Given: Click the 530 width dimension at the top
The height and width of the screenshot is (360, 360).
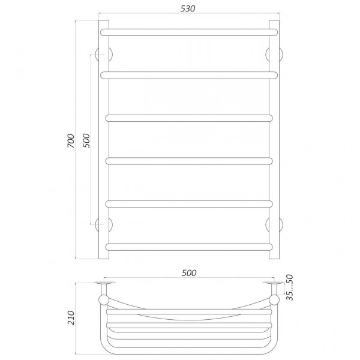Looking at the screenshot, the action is tap(188, 8).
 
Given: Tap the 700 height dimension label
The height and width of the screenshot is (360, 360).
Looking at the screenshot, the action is tap(71, 140).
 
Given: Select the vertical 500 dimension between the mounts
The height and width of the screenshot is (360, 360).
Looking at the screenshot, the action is tap(86, 140).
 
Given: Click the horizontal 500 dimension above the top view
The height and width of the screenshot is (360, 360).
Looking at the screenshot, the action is tap(189, 273).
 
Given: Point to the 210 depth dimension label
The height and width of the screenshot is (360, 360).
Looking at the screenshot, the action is tap(71, 318).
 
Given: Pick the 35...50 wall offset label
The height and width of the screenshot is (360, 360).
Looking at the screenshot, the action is tap(290, 287).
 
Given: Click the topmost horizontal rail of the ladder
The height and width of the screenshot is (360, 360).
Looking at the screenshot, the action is tap(189, 32).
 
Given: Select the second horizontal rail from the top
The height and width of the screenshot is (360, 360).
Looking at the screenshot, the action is tap(189, 76).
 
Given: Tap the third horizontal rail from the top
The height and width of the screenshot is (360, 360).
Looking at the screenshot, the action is tap(189, 118).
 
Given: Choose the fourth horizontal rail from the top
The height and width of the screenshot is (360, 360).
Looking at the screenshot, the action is tap(189, 161).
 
